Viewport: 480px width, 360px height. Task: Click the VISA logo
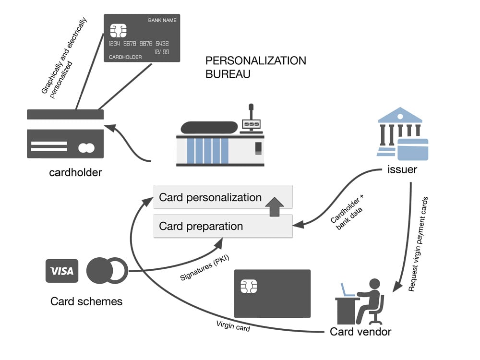coord(62,271)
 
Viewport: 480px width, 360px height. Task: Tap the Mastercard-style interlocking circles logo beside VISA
coord(107,271)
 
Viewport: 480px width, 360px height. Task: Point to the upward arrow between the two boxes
coord(274,206)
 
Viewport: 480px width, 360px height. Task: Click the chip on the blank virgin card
coord(249,287)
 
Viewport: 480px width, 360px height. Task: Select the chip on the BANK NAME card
coord(118,30)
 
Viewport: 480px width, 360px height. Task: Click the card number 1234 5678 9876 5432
coord(139,44)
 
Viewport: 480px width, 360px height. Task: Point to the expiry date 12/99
coord(161,52)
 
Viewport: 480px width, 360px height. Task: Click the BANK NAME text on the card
coord(162,21)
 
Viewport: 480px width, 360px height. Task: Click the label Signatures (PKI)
coord(204,268)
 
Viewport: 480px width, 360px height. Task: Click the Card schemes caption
coord(86,301)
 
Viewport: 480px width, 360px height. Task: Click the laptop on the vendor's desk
coord(347,290)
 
